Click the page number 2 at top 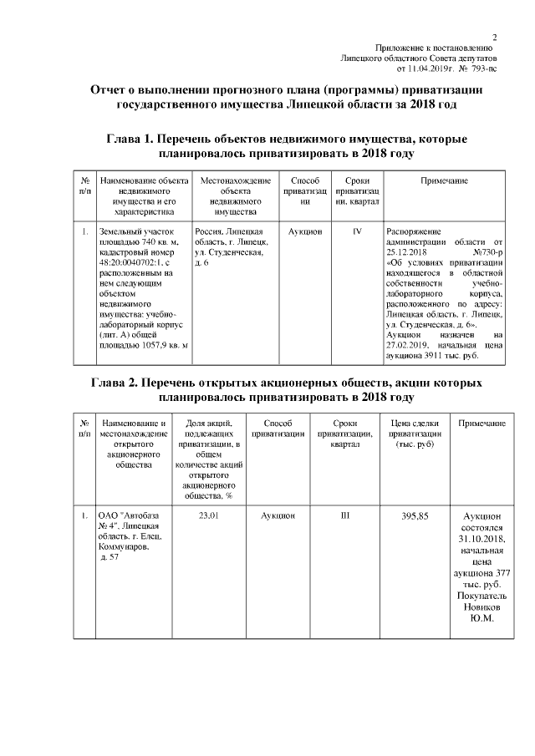pos(495,38)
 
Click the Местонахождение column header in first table pos(236,180)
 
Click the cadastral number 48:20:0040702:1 pos(133,261)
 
